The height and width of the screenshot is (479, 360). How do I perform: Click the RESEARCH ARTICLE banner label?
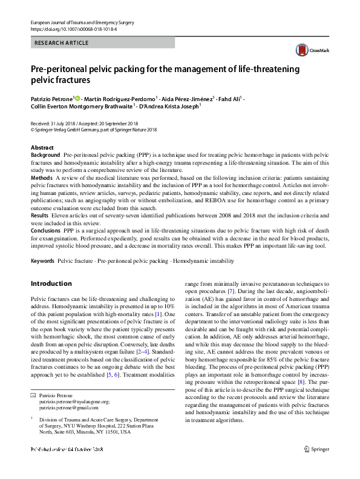click(x=62, y=43)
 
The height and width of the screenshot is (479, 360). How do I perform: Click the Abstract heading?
click(x=42, y=148)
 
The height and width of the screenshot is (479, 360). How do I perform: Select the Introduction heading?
click(x=51, y=283)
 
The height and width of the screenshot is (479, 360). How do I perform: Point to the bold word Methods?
click(x=41, y=178)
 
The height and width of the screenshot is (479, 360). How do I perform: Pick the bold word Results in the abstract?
click(x=39, y=215)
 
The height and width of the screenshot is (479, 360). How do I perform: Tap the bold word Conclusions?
click(x=46, y=230)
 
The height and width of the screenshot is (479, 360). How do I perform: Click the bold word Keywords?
click(x=42, y=260)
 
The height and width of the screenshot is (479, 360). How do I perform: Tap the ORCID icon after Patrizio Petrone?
click(x=77, y=97)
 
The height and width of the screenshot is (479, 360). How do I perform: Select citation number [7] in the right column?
click(x=231, y=292)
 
